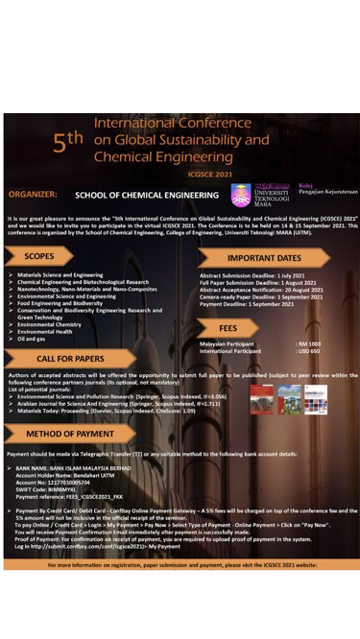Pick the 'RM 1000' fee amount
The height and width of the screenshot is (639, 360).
point(308,343)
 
